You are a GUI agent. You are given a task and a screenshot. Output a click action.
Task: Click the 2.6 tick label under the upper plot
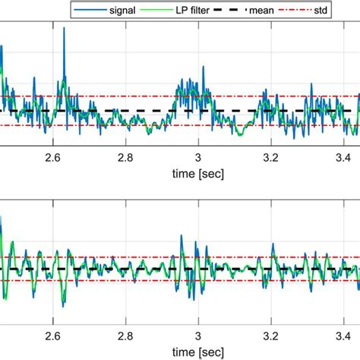click(x=52, y=157)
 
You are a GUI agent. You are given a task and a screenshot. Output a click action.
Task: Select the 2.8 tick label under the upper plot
click(x=125, y=157)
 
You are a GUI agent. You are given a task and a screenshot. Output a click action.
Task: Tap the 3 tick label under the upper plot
click(x=198, y=157)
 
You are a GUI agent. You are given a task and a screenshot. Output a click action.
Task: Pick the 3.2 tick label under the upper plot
click(x=271, y=157)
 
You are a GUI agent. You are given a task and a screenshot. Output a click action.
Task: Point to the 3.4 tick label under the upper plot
click(x=344, y=157)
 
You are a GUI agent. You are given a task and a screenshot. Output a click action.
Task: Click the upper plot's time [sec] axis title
click(x=198, y=173)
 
